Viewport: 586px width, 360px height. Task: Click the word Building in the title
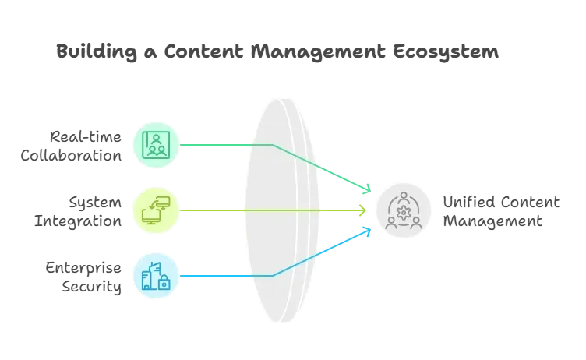click(97, 51)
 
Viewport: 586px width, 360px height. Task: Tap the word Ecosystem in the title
click(446, 51)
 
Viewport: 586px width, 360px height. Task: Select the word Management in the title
click(318, 51)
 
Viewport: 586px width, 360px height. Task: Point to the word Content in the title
click(203, 51)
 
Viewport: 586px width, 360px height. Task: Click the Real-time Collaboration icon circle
click(156, 145)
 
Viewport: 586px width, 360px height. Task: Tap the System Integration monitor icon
click(156, 210)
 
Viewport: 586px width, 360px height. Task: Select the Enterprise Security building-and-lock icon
click(156, 276)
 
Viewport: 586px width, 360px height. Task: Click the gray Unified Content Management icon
click(404, 210)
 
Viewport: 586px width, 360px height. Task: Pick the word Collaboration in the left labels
click(71, 156)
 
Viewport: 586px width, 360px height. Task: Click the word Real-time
click(86, 137)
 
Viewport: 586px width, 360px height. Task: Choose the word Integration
click(78, 221)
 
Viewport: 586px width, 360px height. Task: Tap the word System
click(95, 203)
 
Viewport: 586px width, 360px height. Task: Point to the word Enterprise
click(83, 268)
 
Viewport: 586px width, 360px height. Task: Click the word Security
click(92, 287)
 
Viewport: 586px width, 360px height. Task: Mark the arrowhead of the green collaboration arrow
click(368, 189)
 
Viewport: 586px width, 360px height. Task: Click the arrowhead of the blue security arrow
click(368, 231)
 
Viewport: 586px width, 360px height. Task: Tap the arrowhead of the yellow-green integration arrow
click(364, 210)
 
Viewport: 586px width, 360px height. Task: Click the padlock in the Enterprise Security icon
click(164, 283)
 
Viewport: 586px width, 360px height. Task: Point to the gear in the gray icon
click(404, 213)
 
